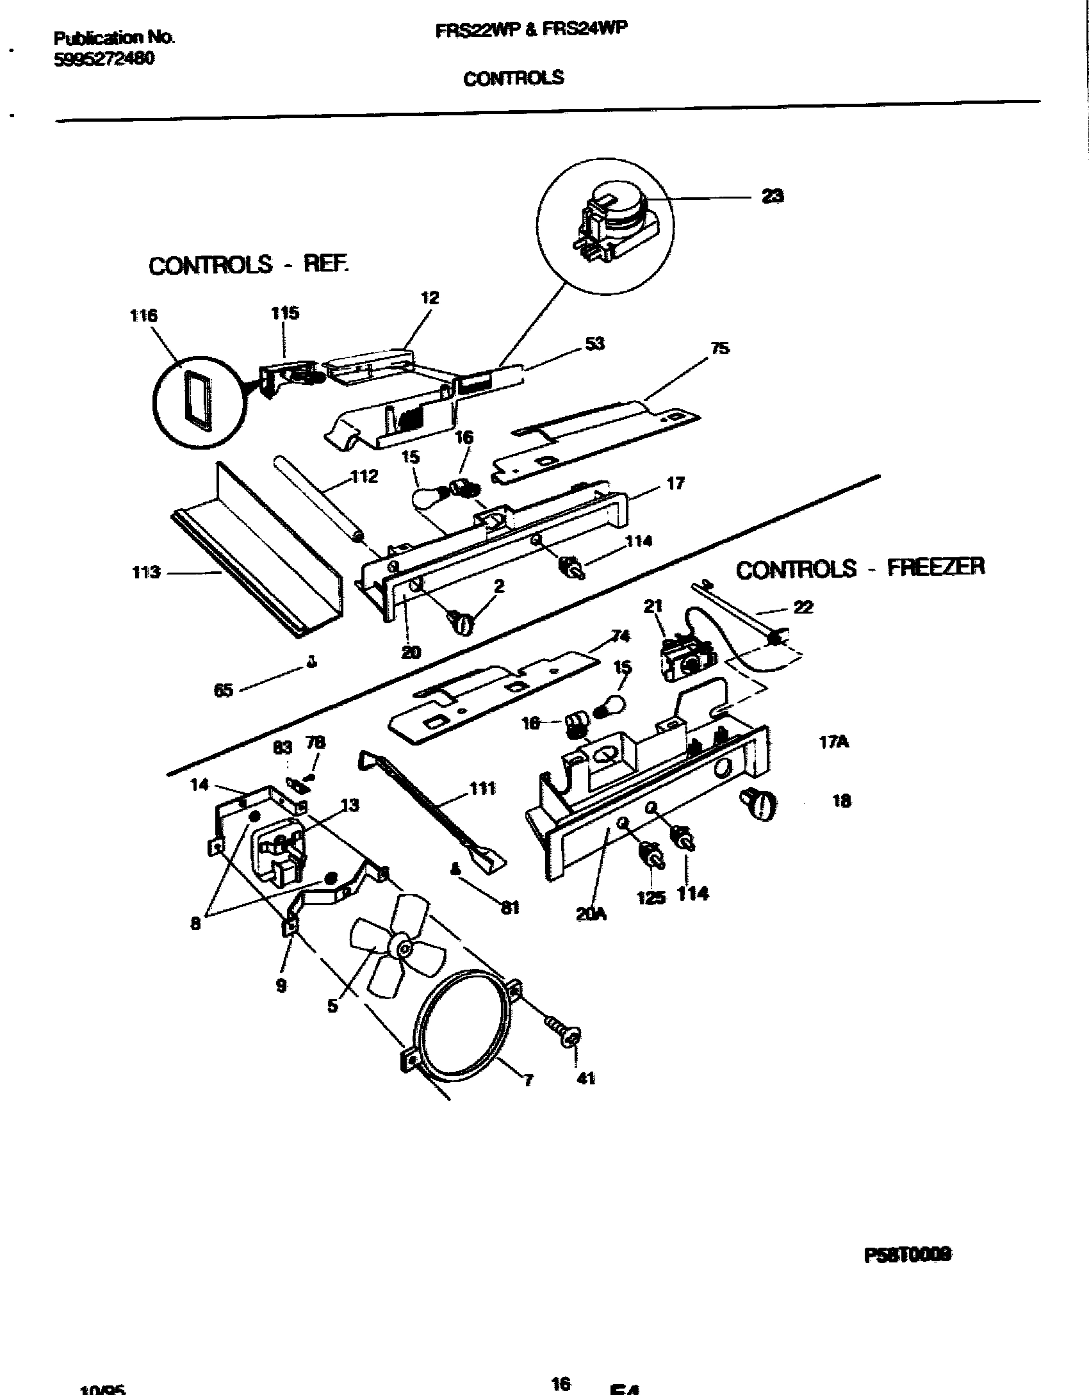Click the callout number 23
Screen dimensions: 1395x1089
tap(773, 196)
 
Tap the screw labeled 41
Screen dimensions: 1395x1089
tap(561, 1033)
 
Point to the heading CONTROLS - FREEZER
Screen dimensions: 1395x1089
tap(860, 568)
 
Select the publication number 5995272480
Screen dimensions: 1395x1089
tap(104, 58)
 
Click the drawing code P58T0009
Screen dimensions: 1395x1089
tap(907, 1255)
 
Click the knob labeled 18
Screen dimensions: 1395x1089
tap(758, 804)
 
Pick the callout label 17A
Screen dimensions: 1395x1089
tap(833, 742)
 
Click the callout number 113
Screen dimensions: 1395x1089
tap(145, 572)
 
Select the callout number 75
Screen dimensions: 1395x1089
tap(720, 348)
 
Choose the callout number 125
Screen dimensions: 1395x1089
tap(651, 897)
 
